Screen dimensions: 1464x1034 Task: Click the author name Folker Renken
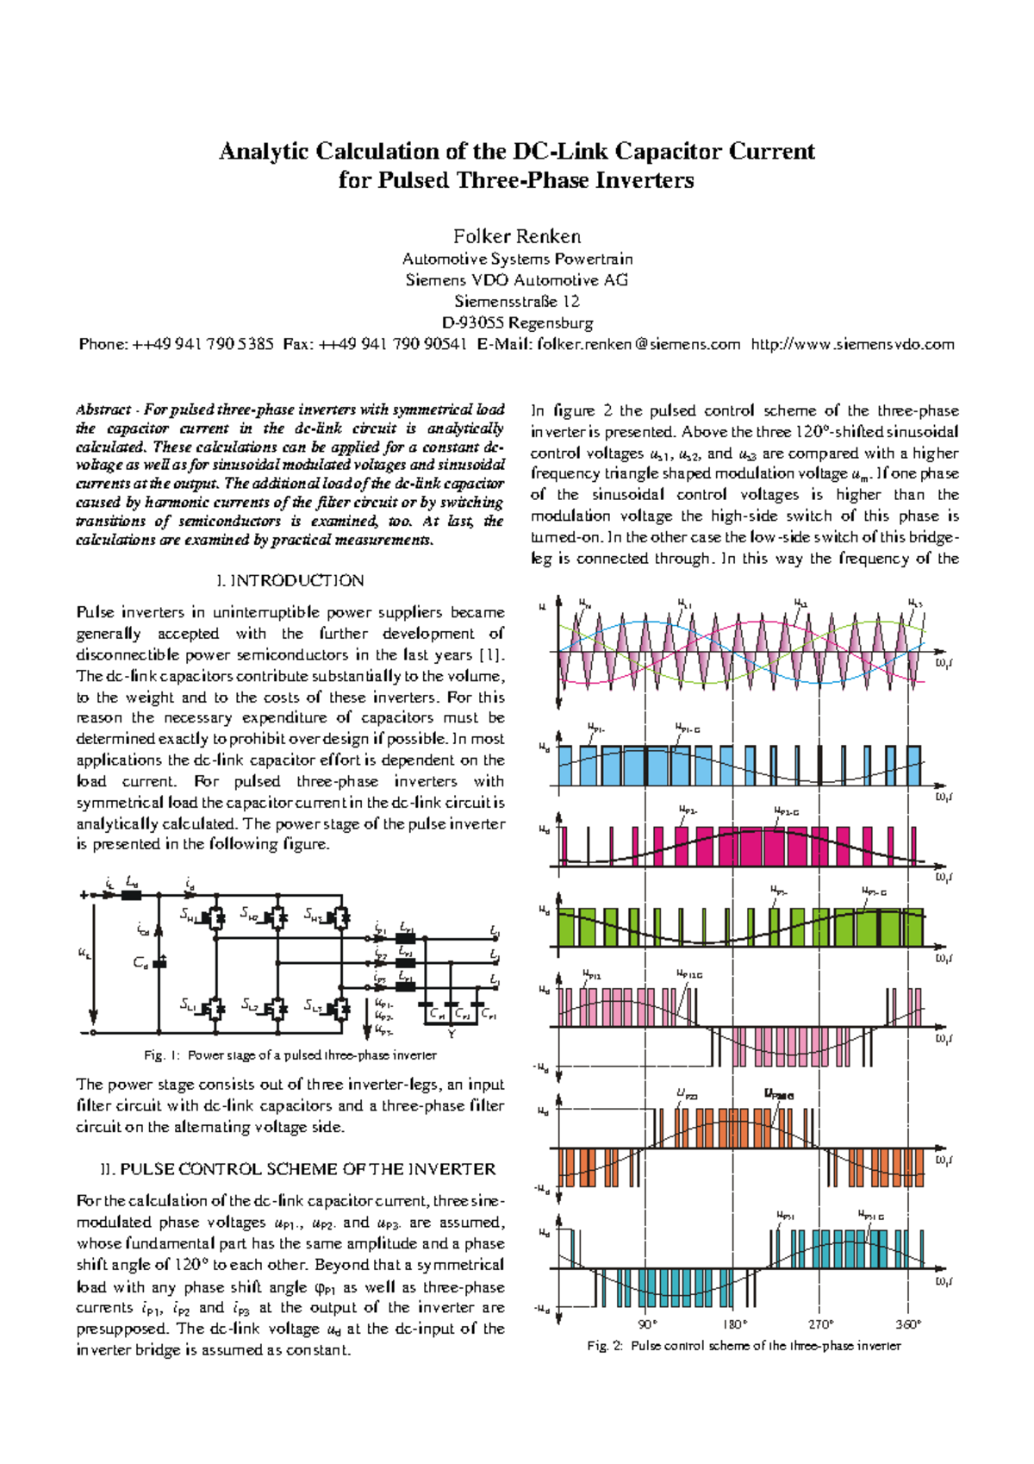tap(517, 236)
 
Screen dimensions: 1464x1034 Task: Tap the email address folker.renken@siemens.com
tap(638, 345)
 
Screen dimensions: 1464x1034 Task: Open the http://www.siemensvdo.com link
tap(852, 345)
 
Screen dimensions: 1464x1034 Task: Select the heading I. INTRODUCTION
tap(290, 581)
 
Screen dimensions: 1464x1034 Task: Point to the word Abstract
tap(103, 410)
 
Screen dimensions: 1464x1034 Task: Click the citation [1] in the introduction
tap(491, 655)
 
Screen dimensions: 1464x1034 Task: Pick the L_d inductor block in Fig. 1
tap(132, 895)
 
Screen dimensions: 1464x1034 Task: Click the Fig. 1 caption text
tap(290, 1055)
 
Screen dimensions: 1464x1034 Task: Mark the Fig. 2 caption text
tap(744, 1346)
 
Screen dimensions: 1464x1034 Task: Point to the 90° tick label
tap(648, 1324)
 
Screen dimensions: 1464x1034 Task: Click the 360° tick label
tap(908, 1324)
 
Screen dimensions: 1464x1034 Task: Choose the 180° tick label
tap(734, 1324)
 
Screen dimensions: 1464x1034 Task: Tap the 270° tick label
tap(820, 1324)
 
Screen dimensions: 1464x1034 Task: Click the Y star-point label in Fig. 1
tap(452, 1034)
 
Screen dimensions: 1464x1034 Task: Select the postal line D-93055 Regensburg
tap(517, 323)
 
